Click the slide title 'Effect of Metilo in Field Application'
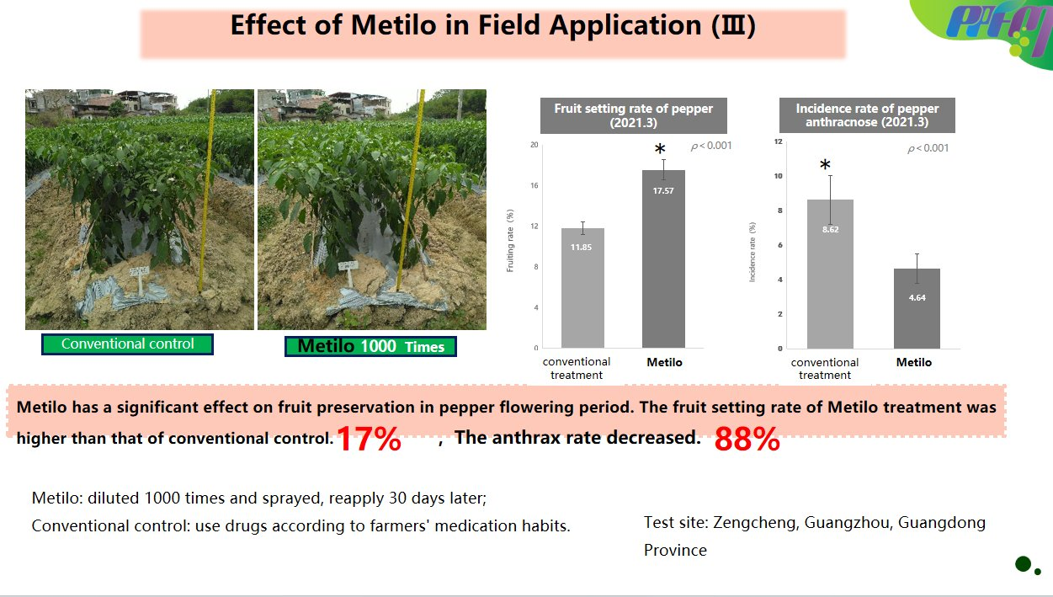(x=492, y=25)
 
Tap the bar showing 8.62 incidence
(x=830, y=274)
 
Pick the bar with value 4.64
(x=917, y=308)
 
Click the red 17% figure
(x=369, y=440)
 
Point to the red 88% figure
(x=747, y=440)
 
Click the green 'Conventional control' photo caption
(x=127, y=344)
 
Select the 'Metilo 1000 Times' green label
(x=370, y=346)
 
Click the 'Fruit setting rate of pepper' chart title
(x=633, y=115)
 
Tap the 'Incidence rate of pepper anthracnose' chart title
(x=867, y=115)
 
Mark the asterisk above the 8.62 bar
(x=825, y=166)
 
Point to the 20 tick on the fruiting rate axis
(x=534, y=145)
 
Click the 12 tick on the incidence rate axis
(x=779, y=141)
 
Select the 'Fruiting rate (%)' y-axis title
(x=510, y=246)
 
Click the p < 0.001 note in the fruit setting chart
(x=711, y=146)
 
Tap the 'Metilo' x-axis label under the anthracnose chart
(x=913, y=362)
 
